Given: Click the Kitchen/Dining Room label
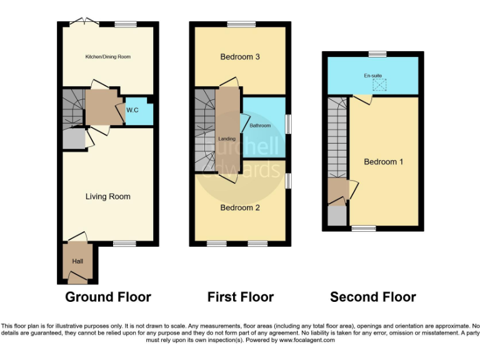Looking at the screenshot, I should [x=107, y=57].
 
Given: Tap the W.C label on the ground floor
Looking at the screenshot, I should [x=132, y=111].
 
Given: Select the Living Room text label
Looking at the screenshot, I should [x=107, y=196].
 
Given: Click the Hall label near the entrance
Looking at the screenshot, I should [x=77, y=261].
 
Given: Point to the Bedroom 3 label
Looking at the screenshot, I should [x=240, y=57].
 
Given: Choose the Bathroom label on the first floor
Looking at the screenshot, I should [x=260, y=126].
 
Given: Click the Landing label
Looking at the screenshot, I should [x=226, y=138].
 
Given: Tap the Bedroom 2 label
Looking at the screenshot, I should [x=240, y=207].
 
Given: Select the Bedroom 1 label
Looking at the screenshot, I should [x=383, y=161].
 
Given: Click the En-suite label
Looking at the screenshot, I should [x=372, y=76].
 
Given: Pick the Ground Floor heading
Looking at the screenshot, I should [x=108, y=297].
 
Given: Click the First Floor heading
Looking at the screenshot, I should [x=241, y=297].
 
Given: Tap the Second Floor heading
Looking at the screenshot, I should [x=373, y=297].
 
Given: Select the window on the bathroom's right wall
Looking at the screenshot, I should [x=287, y=122].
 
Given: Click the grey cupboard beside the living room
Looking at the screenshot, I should [x=73, y=139].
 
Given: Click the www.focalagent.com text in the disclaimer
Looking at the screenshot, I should [x=306, y=341].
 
